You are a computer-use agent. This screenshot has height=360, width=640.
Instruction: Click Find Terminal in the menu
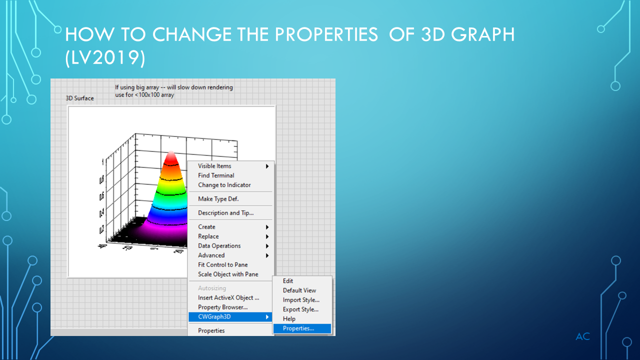pyautogui.click(x=216, y=175)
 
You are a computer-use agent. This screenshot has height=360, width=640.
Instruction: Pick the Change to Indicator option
pyautogui.click(x=224, y=185)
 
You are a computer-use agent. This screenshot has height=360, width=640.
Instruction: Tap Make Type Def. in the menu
pyautogui.click(x=218, y=199)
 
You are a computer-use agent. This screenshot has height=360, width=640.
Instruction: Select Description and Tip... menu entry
pyautogui.click(x=225, y=213)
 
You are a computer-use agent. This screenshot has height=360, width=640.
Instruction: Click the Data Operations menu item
pyautogui.click(x=219, y=246)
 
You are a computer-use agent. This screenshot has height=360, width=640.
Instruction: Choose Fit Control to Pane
pyautogui.click(x=222, y=265)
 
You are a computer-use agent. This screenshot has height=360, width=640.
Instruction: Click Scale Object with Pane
pyautogui.click(x=228, y=274)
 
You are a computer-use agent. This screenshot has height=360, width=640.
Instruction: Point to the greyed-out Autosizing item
pyautogui.click(x=212, y=288)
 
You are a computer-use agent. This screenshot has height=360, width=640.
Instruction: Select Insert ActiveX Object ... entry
pyautogui.click(x=228, y=298)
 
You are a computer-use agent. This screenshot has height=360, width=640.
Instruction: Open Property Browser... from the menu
pyautogui.click(x=222, y=307)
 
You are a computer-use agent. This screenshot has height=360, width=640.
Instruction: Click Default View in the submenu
pyautogui.click(x=299, y=290)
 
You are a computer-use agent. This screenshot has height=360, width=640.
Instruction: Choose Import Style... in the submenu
pyautogui.click(x=301, y=300)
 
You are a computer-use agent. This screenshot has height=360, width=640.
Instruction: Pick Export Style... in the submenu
pyautogui.click(x=300, y=309)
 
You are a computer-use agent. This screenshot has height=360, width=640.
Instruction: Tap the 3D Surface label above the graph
pyautogui.click(x=79, y=98)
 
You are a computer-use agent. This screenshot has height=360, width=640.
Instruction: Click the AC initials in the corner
pyautogui.click(x=582, y=336)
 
